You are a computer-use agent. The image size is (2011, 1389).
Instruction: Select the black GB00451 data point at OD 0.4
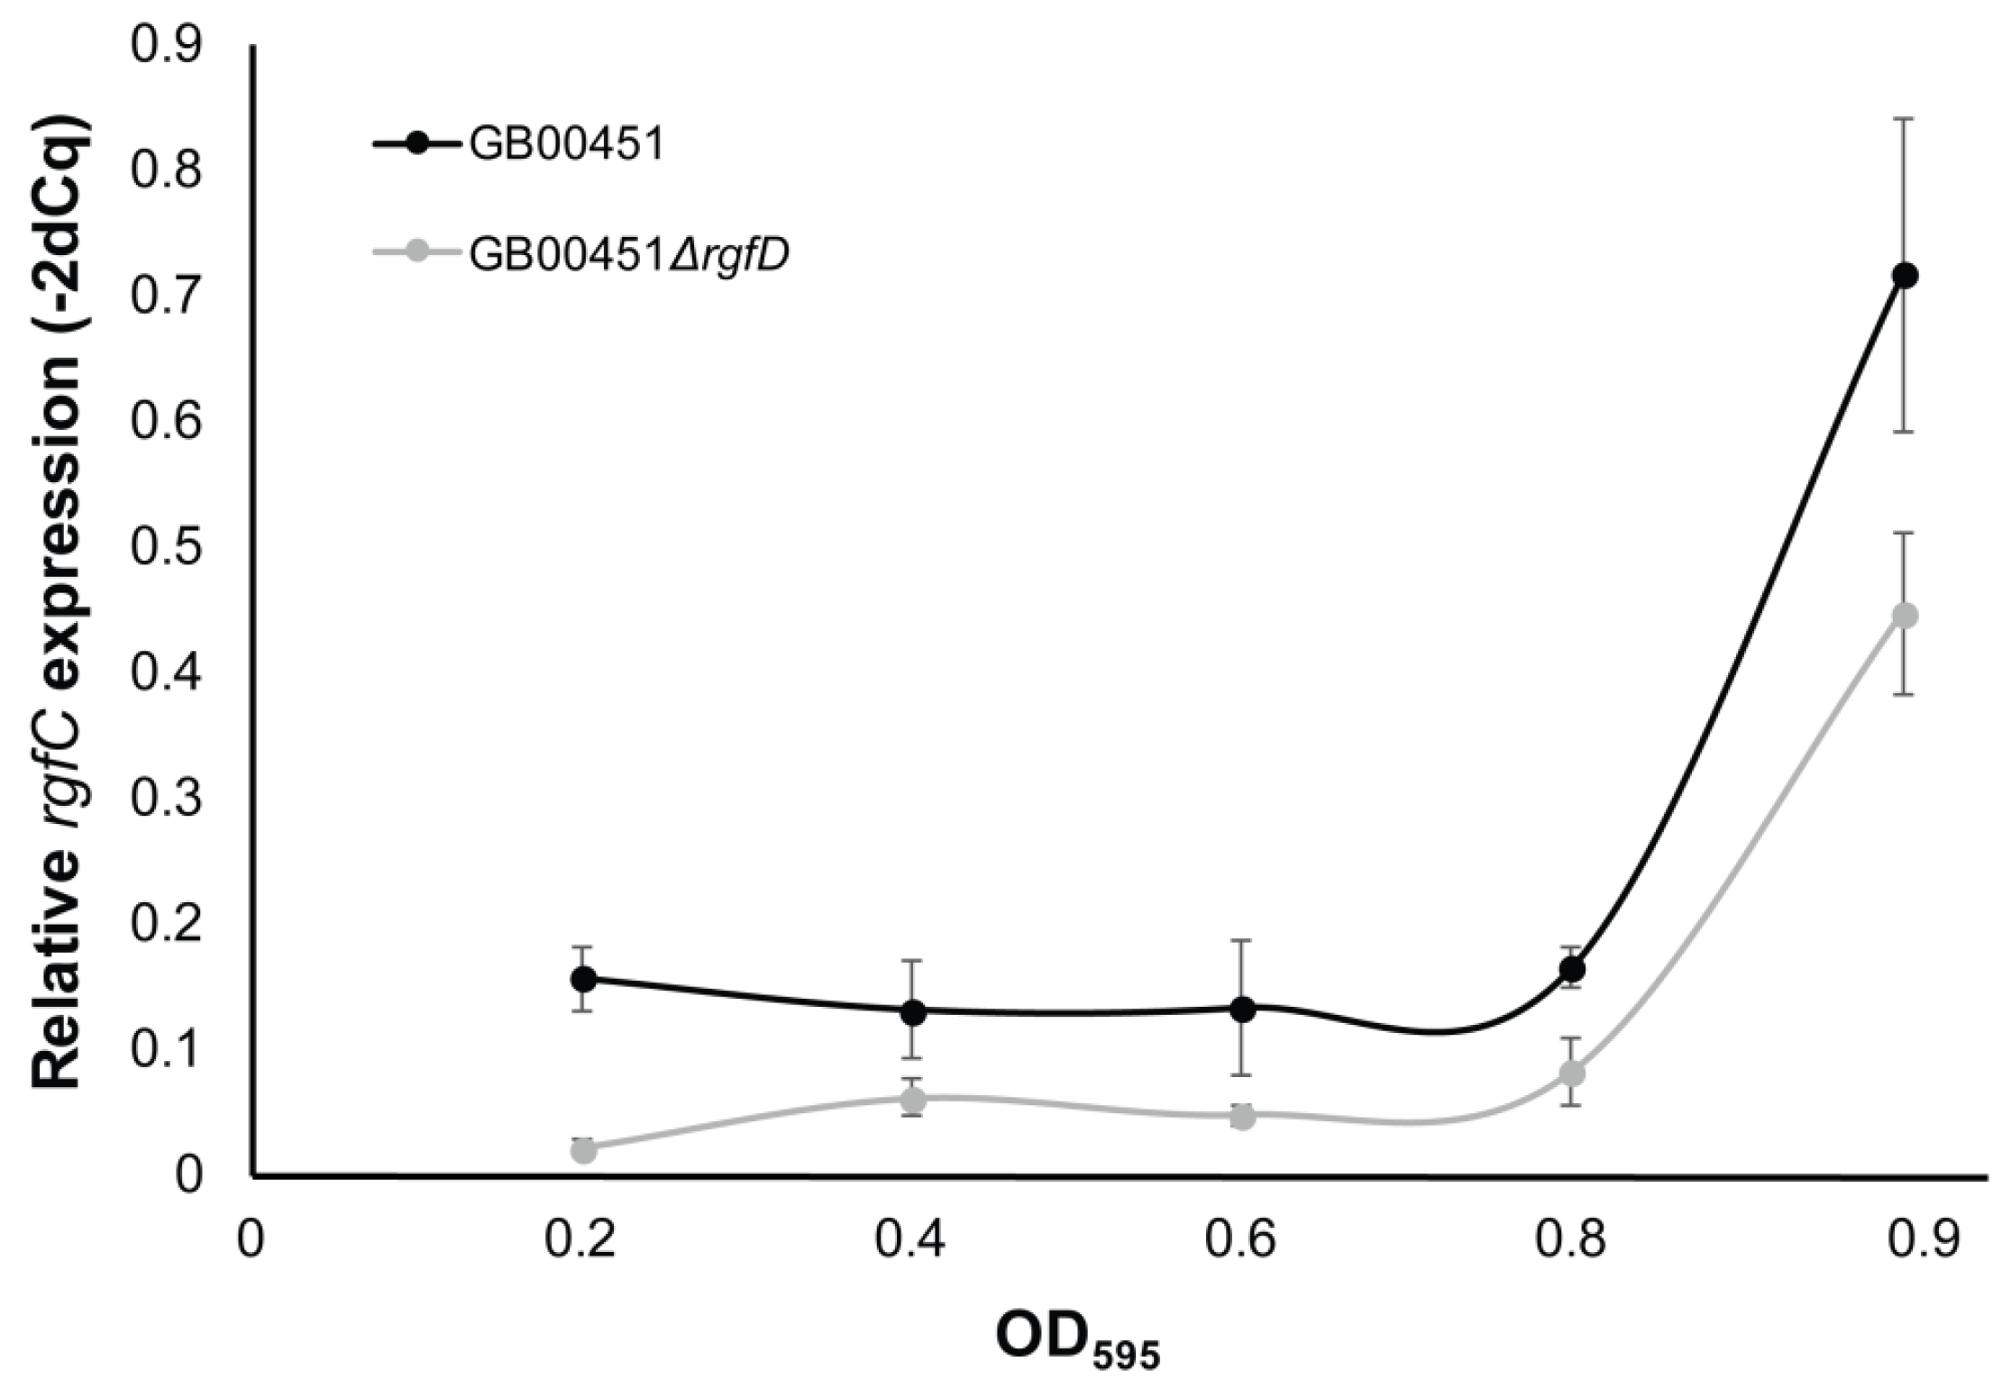pyautogui.click(x=913, y=1011)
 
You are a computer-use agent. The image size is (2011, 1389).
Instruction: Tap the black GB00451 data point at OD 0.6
pyautogui.click(x=1243, y=1010)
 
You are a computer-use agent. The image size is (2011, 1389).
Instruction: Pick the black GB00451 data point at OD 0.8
pyautogui.click(x=1573, y=969)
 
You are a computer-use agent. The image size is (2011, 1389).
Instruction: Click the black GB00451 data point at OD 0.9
pyautogui.click(x=1904, y=276)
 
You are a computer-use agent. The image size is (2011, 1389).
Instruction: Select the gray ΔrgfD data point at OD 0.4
pyautogui.click(x=913, y=1100)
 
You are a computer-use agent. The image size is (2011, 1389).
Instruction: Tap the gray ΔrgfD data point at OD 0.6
pyautogui.click(x=1243, y=1117)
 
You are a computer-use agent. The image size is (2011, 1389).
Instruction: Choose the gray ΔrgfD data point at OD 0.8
pyautogui.click(x=1573, y=1074)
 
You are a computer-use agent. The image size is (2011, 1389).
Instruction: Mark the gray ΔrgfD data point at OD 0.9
pyautogui.click(x=1904, y=616)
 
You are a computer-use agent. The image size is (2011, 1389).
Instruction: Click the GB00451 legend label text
pyautogui.click(x=566, y=146)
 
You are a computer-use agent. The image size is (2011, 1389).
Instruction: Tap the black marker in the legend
pyautogui.click(x=416, y=143)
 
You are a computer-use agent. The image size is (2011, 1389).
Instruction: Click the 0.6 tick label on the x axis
pyautogui.click(x=1243, y=1241)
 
